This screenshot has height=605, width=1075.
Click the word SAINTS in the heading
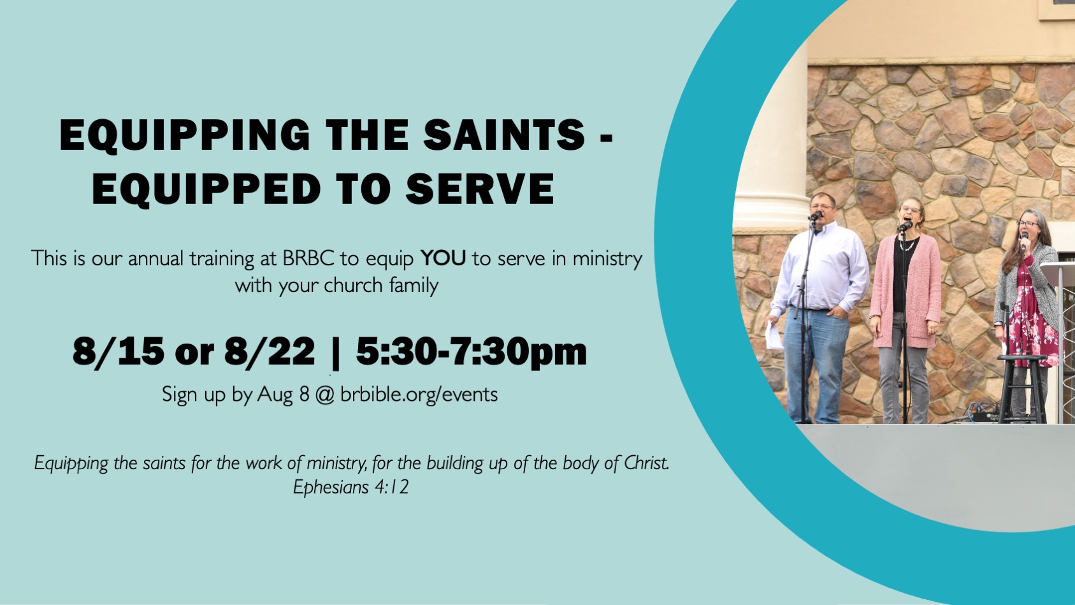(x=503, y=135)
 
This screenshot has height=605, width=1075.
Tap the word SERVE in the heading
(x=480, y=189)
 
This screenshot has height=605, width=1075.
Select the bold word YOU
(x=443, y=258)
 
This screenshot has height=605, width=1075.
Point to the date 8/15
(x=118, y=351)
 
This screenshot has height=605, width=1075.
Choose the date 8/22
(x=270, y=351)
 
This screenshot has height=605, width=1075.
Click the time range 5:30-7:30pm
(x=472, y=352)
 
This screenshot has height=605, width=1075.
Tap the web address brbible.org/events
(x=419, y=394)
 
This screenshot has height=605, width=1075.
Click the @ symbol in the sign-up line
(x=325, y=395)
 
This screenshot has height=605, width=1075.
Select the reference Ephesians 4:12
(x=351, y=487)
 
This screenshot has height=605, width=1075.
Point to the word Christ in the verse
(x=646, y=463)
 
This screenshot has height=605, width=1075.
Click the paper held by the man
(x=774, y=335)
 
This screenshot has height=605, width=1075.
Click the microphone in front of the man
(x=816, y=216)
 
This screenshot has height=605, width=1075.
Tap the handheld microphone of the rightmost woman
(x=1025, y=240)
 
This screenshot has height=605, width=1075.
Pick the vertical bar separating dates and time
(x=335, y=353)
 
